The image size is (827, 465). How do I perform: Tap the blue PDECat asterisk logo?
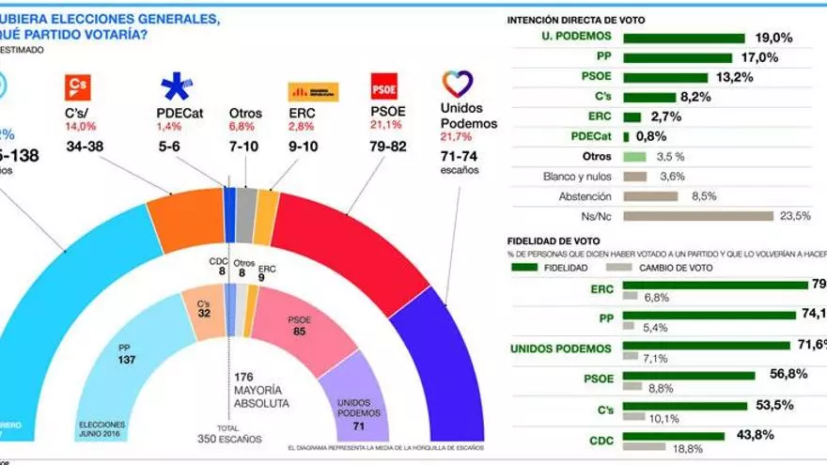click(176, 87)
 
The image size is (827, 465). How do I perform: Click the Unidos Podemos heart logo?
click(458, 85)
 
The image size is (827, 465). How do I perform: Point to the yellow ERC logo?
click(313, 91)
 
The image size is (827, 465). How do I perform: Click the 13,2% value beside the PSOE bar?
click(734, 77)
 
